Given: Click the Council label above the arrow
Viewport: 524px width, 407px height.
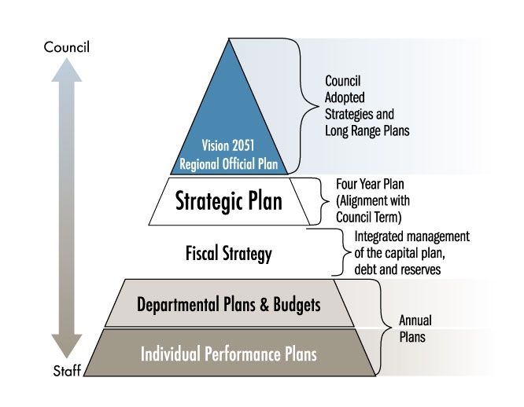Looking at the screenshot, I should (67, 47).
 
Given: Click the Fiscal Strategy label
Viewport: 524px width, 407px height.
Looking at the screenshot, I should (229, 254).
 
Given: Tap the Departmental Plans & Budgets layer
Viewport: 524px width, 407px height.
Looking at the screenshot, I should (228, 302).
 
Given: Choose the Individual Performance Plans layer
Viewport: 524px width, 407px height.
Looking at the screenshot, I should (228, 354).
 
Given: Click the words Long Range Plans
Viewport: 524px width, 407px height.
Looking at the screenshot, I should (367, 130).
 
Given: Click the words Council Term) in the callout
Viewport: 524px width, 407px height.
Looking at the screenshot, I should (367, 214).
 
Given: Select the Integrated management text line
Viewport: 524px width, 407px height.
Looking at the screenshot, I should (411, 236).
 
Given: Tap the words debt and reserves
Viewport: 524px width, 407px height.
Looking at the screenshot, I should (397, 269).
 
